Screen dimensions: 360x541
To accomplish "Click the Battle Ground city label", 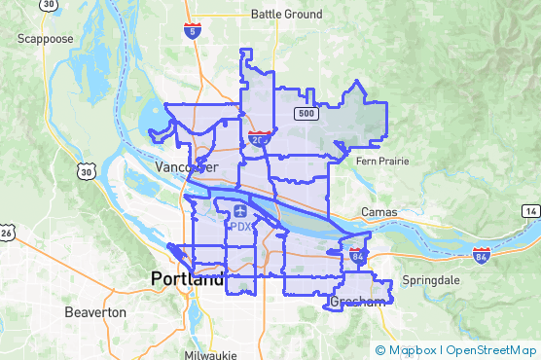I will point(286,14).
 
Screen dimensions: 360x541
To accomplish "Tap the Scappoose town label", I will point(45,39).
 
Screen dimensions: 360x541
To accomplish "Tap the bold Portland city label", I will point(187,279).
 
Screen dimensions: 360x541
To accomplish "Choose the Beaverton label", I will point(94,312).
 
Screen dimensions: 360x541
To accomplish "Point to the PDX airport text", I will point(240,227).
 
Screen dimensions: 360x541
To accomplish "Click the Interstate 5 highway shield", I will point(193,30).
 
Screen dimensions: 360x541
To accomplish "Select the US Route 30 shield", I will point(85,172).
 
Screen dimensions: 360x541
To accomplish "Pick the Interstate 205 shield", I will point(259,138).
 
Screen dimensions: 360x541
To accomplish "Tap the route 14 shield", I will point(529,211).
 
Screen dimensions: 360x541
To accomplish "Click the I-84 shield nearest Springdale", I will point(481,255).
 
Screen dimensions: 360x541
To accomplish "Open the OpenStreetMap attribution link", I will point(493,349).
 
